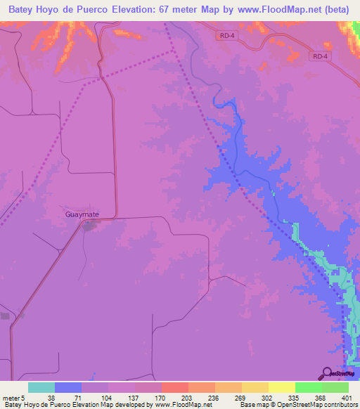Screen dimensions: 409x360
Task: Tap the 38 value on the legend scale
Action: (x=51, y=397)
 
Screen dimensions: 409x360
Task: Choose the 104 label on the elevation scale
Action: (x=105, y=397)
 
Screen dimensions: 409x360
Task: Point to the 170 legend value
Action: (x=160, y=397)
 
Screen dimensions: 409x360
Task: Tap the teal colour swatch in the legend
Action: (x=41, y=387)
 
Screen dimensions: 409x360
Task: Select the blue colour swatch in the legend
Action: (x=68, y=387)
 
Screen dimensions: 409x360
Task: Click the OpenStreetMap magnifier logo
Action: (x=327, y=373)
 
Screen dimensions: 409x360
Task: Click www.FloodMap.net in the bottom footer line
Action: (x=184, y=405)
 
